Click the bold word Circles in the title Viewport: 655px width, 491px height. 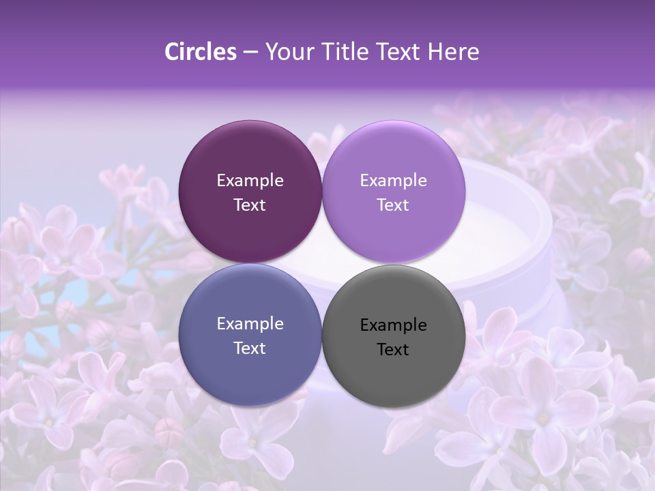[201, 52]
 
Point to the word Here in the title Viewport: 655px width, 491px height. [453, 52]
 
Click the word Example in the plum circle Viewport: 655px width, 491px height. [250, 181]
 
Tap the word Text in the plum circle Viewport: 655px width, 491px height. [250, 205]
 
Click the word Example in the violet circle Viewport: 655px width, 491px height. [393, 181]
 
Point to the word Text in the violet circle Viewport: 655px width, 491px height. [393, 205]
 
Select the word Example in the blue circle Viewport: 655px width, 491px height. [250, 324]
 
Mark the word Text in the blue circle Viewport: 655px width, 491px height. [250, 348]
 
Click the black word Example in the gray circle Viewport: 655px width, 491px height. [393, 325]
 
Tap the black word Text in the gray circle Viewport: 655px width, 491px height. [393, 350]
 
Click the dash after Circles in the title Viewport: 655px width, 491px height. [250, 53]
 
